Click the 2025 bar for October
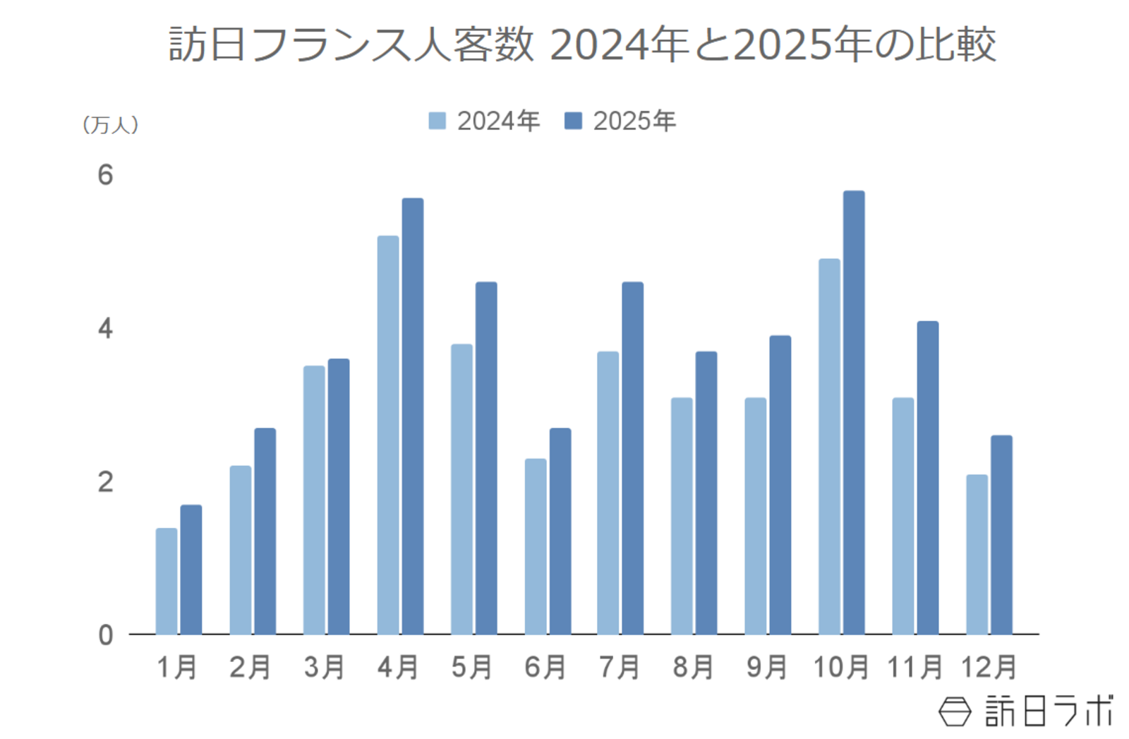coord(853,413)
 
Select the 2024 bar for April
coord(387,435)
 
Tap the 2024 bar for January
coord(167,581)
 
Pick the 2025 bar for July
coord(632,458)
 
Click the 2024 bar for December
coord(977,554)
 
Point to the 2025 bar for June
coord(560,531)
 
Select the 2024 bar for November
coord(902,516)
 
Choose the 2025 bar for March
coord(338,496)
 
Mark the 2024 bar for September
coord(755,516)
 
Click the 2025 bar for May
coord(485,458)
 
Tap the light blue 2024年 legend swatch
coord(437,121)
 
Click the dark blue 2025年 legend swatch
coord(573,121)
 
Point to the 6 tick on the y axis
coord(105,175)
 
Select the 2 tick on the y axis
coord(105,482)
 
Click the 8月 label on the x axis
coord(693,666)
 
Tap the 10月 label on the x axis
coord(840,666)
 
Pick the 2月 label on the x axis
coord(250,666)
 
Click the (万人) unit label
coord(110,125)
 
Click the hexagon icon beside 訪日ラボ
coord(955,711)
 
